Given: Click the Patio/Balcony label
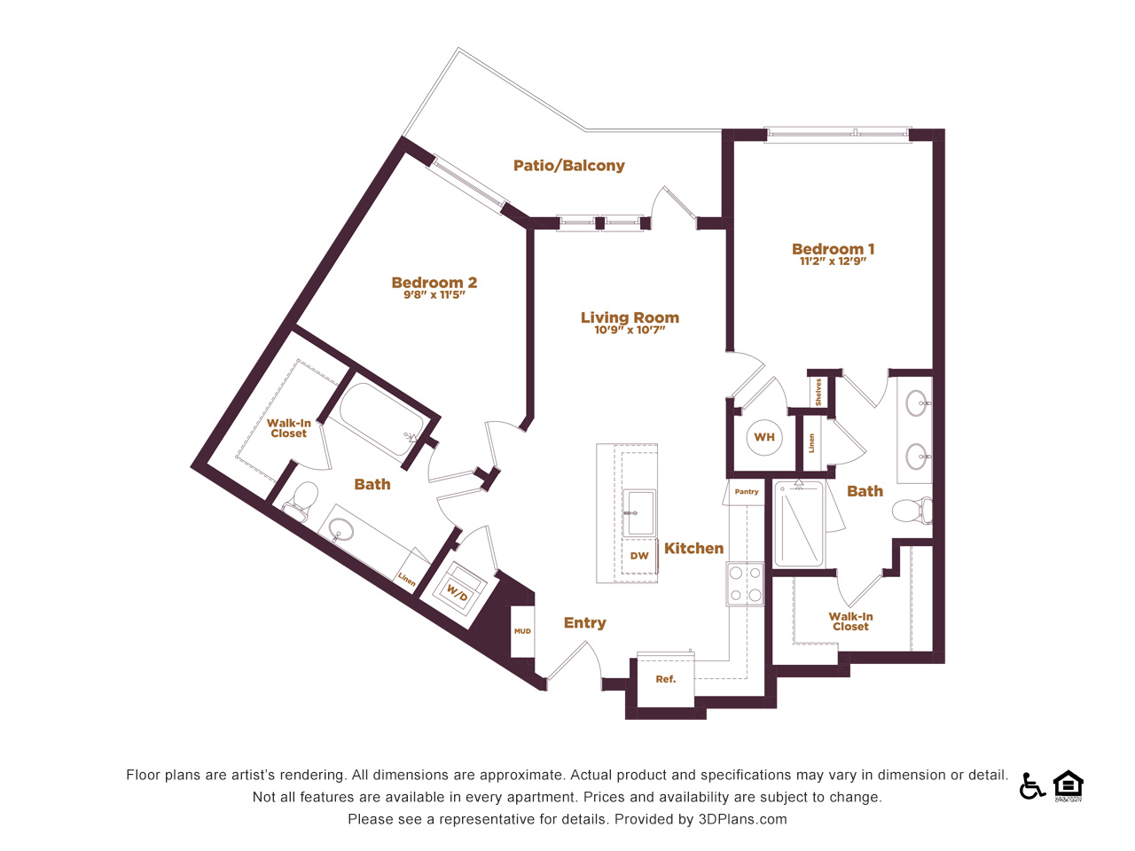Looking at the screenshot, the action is pyautogui.click(x=568, y=166).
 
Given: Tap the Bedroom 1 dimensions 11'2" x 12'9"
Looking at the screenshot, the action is pyautogui.click(x=833, y=262).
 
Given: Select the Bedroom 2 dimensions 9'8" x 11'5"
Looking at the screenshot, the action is pyautogui.click(x=434, y=295).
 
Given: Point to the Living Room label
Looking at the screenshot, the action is pyautogui.click(x=630, y=317).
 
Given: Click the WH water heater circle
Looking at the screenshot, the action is pyautogui.click(x=764, y=437).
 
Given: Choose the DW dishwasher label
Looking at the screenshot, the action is pyautogui.click(x=639, y=556).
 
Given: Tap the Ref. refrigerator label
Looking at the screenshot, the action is pyautogui.click(x=666, y=679).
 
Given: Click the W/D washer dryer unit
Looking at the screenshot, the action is pyautogui.click(x=457, y=589).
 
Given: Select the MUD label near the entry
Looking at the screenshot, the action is pyautogui.click(x=522, y=631).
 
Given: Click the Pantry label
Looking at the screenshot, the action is pyautogui.click(x=746, y=491).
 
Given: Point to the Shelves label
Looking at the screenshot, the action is pyautogui.click(x=818, y=392).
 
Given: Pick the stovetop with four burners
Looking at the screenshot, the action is pyautogui.click(x=745, y=583).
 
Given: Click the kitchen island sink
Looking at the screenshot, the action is pyautogui.click(x=639, y=512).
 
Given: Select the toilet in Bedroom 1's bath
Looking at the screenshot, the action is pyautogui.click(x=912, y=511).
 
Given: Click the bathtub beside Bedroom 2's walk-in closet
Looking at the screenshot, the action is pyautogui.click(x=381, y=418).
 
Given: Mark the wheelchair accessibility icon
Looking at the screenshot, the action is pyautogui.click(x=1031, y=786).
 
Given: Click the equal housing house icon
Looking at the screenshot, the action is pyautogui.click(x=1068, y=785).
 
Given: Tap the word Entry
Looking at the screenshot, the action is pyautogui.click(x=585, y=623).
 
